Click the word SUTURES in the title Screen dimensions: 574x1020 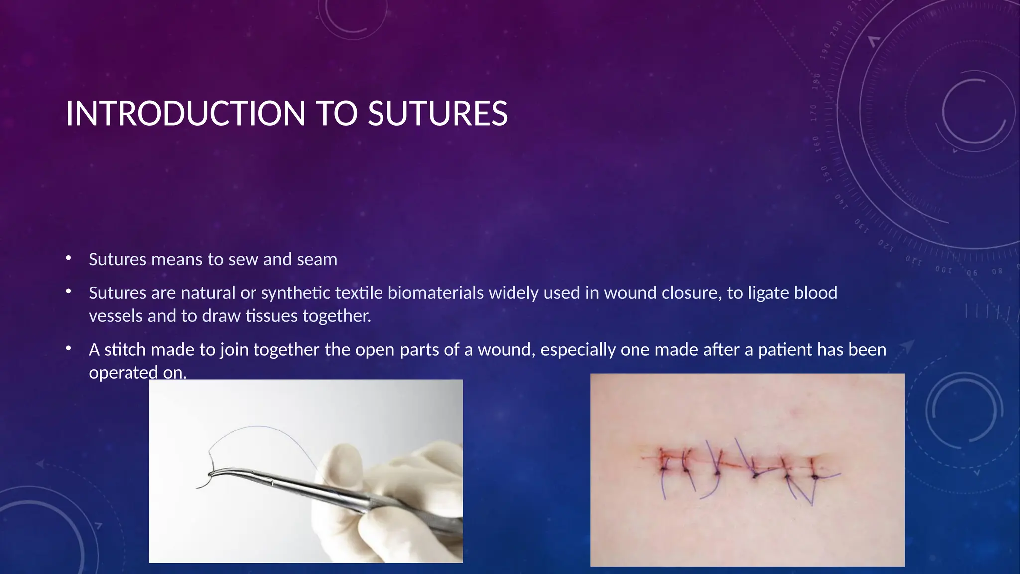click(x=437, y=114)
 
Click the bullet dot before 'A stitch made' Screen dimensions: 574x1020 click(x=69, y=348)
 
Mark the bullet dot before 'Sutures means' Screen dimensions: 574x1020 click(x=69, y=258)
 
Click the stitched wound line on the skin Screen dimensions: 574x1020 click(x=737, y=467)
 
